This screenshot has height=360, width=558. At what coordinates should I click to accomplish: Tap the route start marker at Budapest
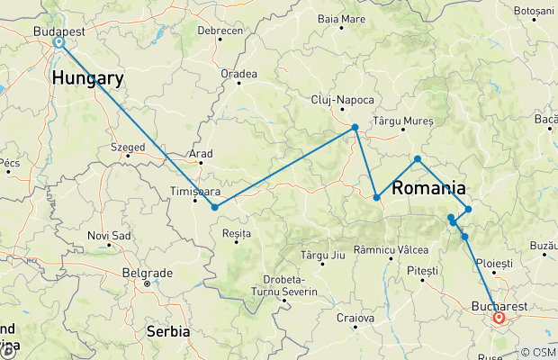58,42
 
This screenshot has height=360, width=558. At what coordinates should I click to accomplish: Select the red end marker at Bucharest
499,317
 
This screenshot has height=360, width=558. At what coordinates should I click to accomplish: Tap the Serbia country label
167,331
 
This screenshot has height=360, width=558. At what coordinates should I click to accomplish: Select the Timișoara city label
193,191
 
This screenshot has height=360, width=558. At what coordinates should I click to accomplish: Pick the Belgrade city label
147,272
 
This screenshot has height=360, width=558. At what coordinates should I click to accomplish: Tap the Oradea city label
238,74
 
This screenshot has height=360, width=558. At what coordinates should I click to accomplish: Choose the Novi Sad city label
109,235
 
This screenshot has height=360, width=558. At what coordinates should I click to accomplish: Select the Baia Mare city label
341,18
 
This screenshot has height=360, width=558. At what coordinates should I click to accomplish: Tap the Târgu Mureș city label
403,121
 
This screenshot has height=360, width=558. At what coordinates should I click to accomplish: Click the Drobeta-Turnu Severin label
289,284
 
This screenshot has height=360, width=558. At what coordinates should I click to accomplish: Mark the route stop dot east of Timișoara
214,207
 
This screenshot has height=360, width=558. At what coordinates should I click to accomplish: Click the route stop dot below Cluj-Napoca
355,127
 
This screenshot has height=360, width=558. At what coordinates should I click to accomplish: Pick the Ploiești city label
494,263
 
